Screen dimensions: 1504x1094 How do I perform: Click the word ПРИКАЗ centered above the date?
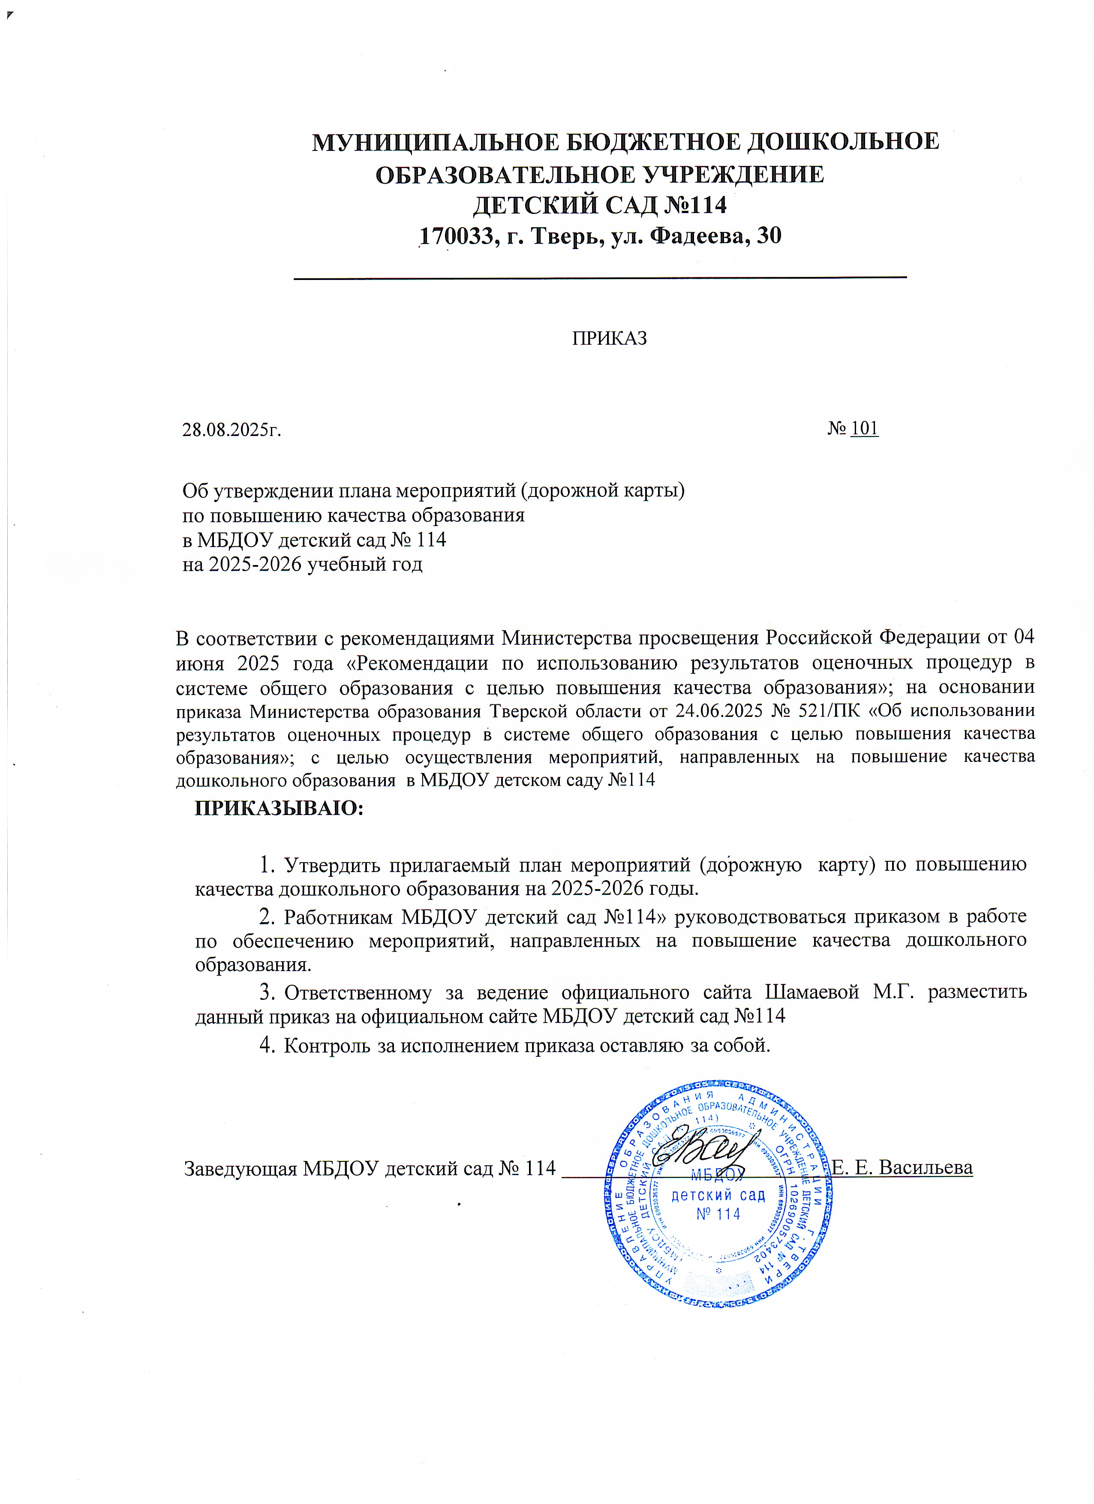(x=609, y=339)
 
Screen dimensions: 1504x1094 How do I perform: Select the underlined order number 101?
(x=865, y=428)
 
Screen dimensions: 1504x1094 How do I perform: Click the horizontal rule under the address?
(x=600, y=278)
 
